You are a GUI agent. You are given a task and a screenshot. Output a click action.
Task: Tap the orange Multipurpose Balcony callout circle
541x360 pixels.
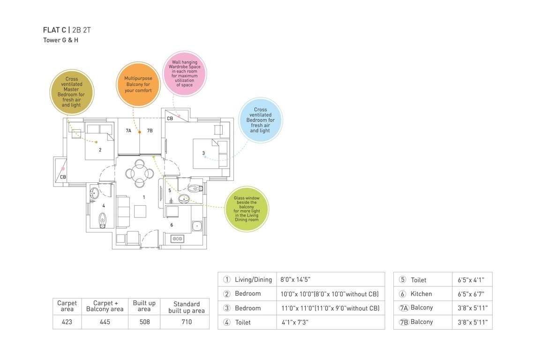[x=138, y=84]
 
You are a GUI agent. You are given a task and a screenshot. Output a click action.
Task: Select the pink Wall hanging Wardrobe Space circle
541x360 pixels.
[x=184, y=74]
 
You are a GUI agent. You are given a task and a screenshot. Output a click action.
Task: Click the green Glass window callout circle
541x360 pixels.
[x=247, y=209]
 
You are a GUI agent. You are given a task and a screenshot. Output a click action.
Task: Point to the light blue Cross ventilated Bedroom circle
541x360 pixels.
[x=260, y=120]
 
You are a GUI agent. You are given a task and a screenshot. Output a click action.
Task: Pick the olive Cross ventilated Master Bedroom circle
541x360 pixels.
[x=72, y=92]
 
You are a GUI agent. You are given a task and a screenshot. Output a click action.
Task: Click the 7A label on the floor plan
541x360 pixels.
[x=128, y=131]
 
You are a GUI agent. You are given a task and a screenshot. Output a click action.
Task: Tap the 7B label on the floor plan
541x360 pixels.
[x=150, y=131]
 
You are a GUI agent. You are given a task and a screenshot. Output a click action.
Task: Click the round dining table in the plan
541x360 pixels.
[x=139, y=173]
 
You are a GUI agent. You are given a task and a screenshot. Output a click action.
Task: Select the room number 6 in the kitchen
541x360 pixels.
[x=172, y=225]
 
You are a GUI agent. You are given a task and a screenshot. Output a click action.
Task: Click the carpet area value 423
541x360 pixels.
[x=67, y=322]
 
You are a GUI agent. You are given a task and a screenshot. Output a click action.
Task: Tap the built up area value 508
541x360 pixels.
[x=144, y=322]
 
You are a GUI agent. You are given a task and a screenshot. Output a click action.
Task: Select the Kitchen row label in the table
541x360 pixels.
[x=421, y=294]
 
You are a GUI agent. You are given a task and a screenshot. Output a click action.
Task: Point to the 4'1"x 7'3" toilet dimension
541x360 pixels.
[x=295, y=322]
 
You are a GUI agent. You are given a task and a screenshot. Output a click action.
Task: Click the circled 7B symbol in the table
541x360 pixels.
[x=404, y=322]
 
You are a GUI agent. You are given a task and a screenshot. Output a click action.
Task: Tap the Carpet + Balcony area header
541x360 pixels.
[x=105, y=306]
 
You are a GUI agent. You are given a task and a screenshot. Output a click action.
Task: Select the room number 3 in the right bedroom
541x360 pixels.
[x=203, y=153]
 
